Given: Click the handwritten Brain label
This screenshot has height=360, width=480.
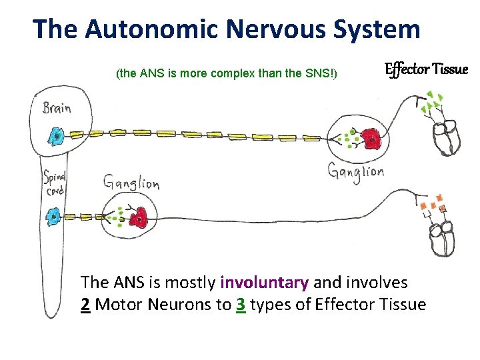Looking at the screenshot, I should coord(57,108).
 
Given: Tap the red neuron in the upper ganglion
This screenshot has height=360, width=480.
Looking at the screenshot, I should coord(370,139).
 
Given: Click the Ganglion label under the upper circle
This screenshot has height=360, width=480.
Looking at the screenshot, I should coord(355,172).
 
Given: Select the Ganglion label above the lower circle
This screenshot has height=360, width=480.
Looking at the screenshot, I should coord(131,181).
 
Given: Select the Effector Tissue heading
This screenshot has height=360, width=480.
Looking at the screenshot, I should coord(427,69).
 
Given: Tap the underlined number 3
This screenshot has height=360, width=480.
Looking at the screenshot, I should coord(240,305).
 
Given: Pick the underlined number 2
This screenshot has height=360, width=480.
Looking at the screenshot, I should coord(85,305).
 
